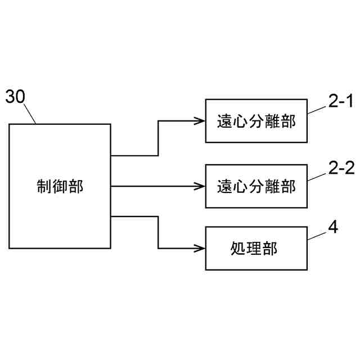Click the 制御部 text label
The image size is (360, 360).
coord(60,186)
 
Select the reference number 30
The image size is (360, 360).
coord(15,97)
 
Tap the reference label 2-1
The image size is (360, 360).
coord(340,101)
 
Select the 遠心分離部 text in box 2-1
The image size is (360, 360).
coord(256,121)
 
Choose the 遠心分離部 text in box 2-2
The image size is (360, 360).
coord(256,186)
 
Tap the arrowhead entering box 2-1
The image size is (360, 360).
coord(200,120)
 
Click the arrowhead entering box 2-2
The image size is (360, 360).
coord(200,186)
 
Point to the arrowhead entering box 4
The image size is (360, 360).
coord(200,247)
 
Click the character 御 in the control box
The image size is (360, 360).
coord(60,186)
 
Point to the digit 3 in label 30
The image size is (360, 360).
coord(11,97)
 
